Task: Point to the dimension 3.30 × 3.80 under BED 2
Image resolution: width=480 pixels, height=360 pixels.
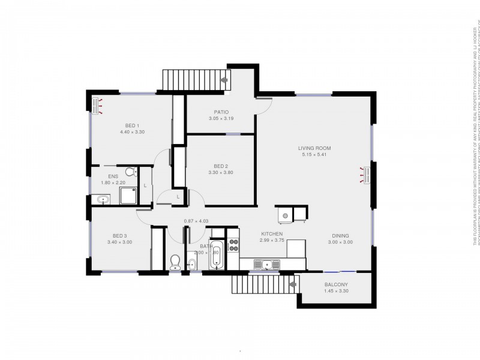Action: coord(221,172)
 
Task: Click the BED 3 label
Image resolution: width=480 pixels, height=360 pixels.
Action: coord(120,236)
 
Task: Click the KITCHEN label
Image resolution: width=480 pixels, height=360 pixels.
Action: coord(271,234)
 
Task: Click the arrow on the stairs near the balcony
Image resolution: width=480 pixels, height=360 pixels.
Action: coord(293,284)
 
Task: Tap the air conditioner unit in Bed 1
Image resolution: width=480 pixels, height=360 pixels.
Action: coord(95,105)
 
